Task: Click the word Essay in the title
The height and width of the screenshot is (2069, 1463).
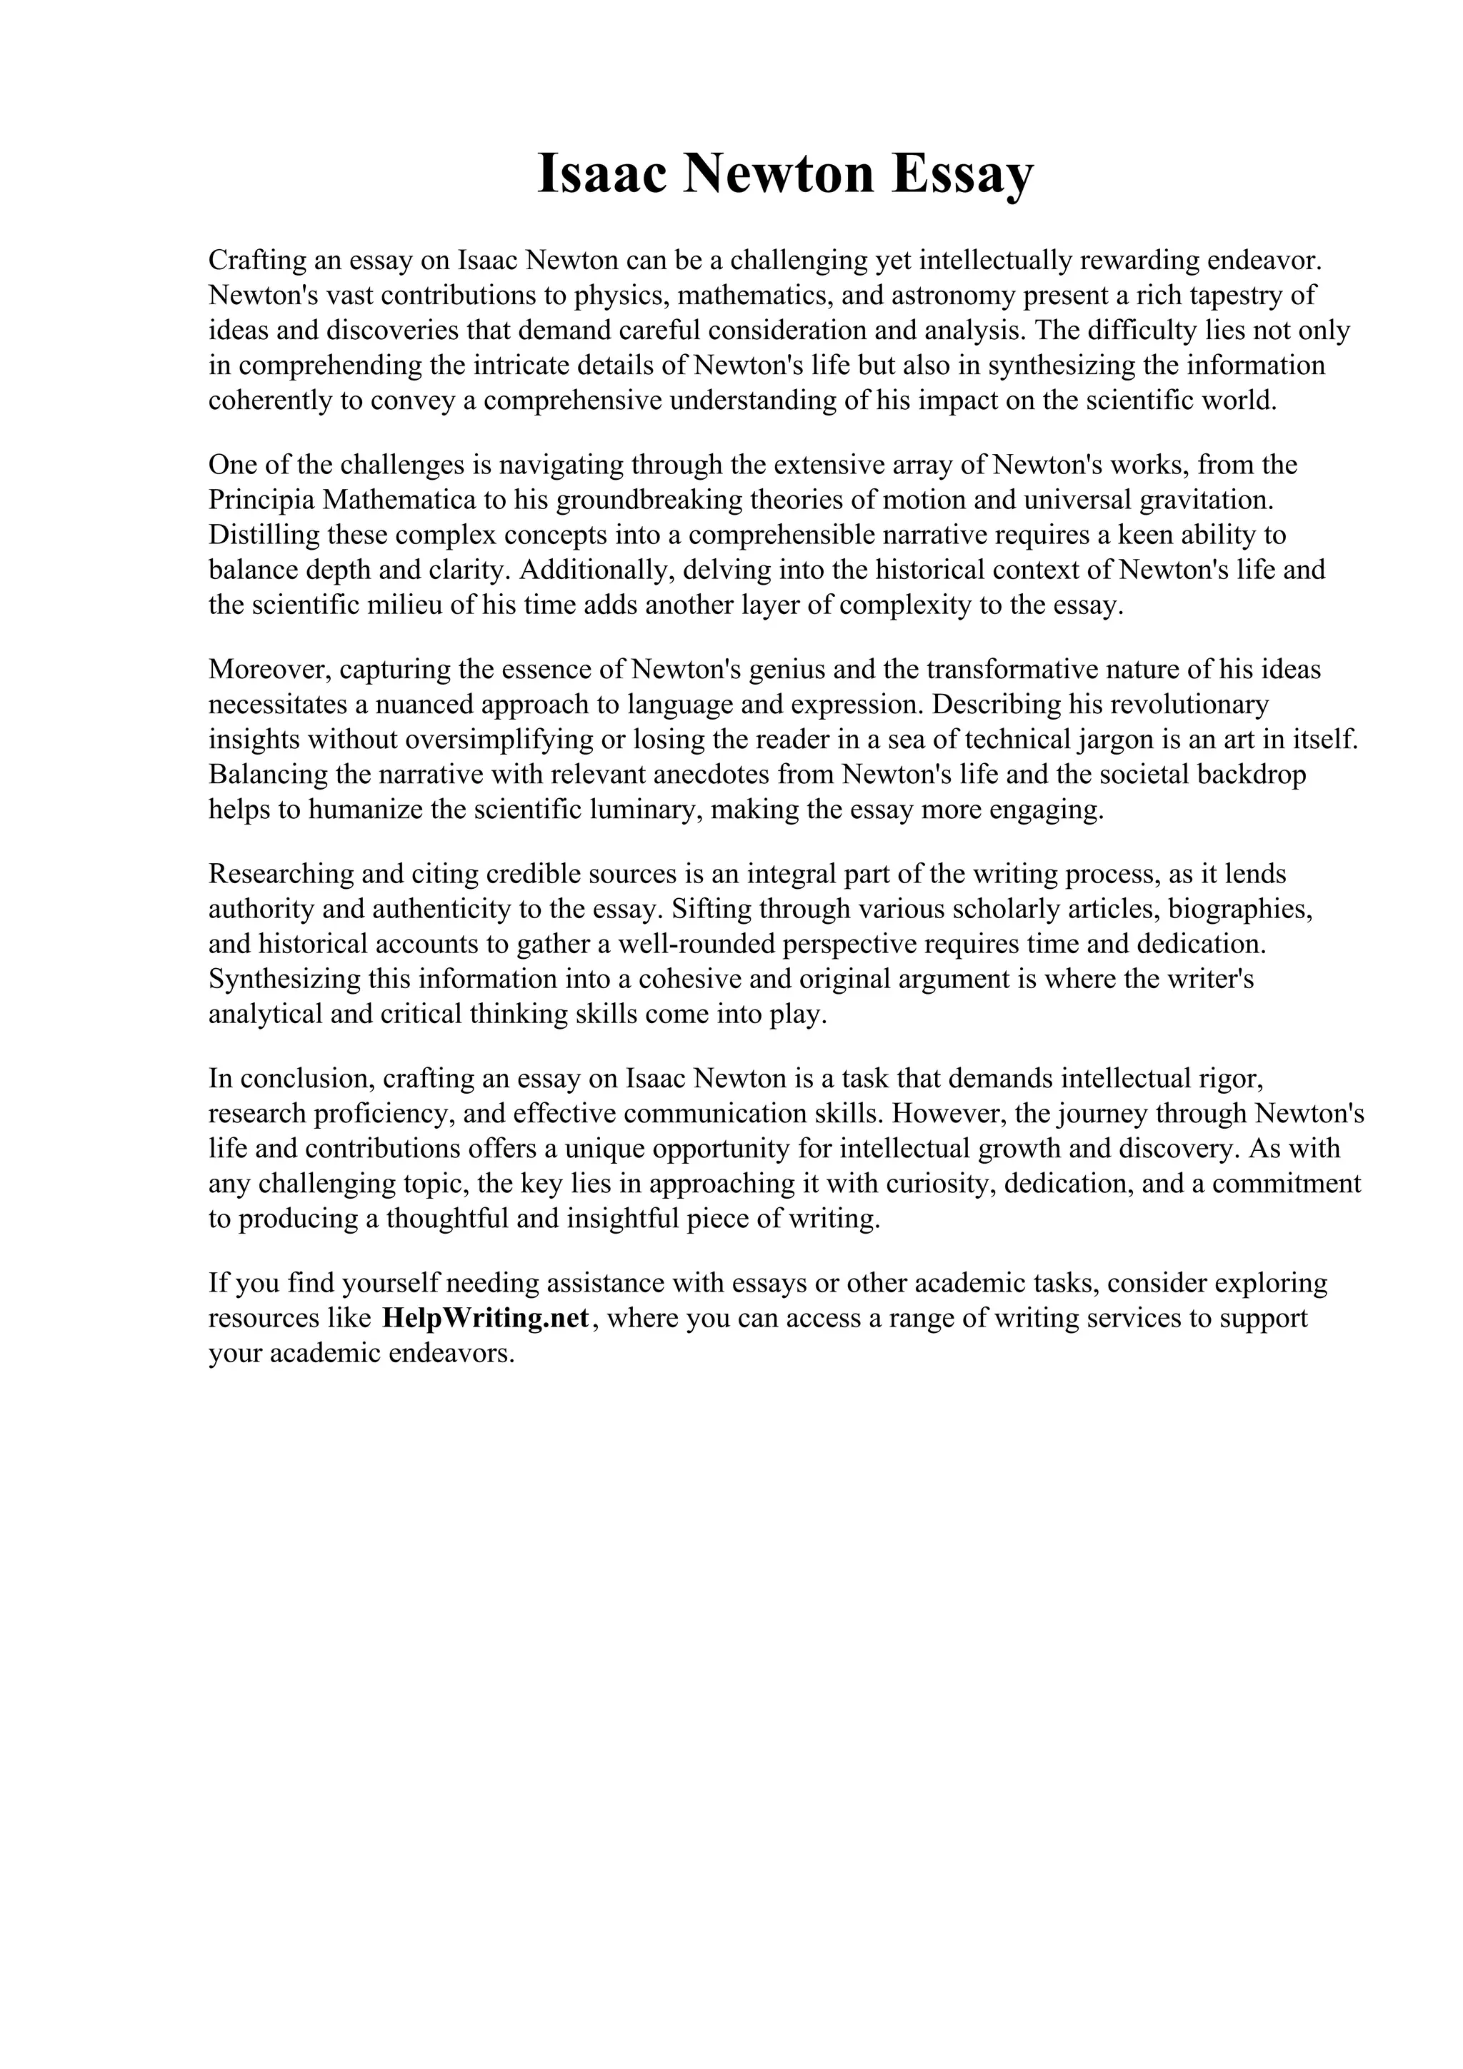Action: coord(963,175)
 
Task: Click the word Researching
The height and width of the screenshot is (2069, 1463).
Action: coord(282,874)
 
